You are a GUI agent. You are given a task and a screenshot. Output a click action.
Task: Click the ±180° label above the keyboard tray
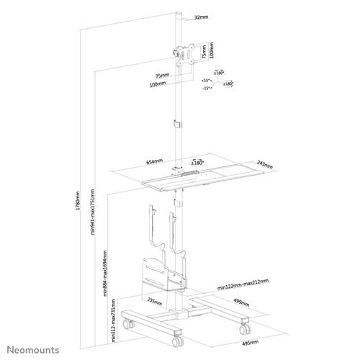(197, 162)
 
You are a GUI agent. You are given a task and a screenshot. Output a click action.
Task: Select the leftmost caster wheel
(130, 325)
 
